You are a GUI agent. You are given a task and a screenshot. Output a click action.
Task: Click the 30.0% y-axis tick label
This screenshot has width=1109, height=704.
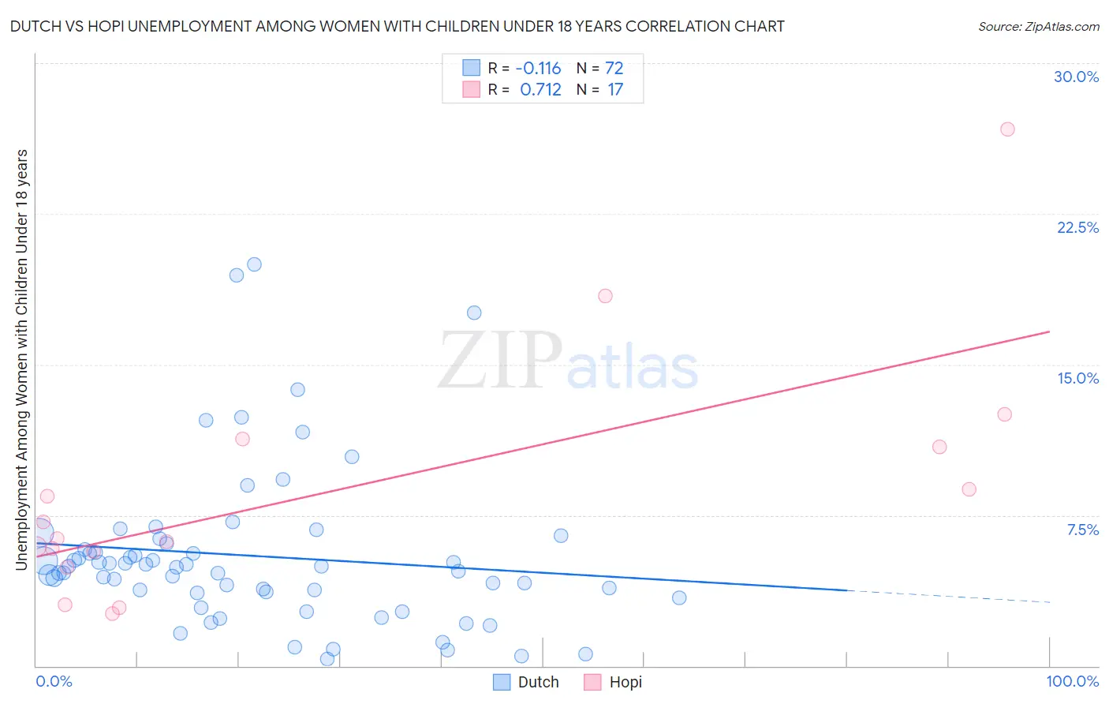(x=1076, y=77)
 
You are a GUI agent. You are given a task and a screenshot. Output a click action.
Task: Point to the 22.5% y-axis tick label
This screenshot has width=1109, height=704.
(x=1077, y=227)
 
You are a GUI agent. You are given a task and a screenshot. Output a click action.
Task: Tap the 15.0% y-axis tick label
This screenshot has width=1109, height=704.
(x=1077, y=378)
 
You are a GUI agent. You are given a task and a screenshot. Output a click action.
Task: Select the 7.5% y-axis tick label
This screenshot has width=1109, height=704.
(x=1082, y=530)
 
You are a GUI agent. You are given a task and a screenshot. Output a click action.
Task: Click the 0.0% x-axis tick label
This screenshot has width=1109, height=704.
(x=54, y=681)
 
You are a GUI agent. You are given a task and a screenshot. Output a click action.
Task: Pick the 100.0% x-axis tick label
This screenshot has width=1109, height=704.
(x=1072, y=681)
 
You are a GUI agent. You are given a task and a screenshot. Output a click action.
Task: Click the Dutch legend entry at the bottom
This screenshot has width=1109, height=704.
(x=526, y=682)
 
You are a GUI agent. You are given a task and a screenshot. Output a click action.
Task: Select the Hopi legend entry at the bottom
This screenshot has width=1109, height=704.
(x=614, y=682)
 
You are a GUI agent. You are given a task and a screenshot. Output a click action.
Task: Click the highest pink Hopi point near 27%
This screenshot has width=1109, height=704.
(x=1007, y=129)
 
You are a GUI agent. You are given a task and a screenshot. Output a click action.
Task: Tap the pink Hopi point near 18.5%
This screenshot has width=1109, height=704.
(x=605, y=296)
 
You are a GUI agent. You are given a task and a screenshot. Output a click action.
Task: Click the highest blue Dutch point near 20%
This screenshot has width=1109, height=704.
(x=254, y=264)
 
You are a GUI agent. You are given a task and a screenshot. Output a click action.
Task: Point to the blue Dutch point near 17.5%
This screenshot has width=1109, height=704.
(x=474, y=313)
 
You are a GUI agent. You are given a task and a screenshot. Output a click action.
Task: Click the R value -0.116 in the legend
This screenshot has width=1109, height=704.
(x=539, y=69)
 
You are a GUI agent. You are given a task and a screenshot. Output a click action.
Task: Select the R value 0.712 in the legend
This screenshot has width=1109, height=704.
(x=540, y=90)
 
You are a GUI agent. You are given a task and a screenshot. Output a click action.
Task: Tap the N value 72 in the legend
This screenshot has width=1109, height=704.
(x=614, y=69)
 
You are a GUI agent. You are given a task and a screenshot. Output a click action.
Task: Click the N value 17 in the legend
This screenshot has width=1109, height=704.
(x=614, y=90)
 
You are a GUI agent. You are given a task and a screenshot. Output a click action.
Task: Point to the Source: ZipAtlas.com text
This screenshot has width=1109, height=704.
(x=1038, y=26)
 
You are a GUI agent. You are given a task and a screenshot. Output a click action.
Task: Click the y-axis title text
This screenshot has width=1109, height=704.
(x=21, y=359)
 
